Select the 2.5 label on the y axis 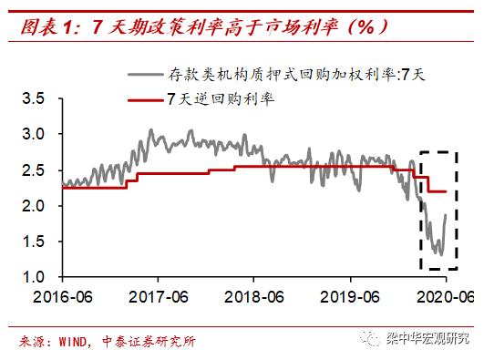(x=33, y=170)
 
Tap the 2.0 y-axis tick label (x=33, y=206)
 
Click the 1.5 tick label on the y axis (x=33, y=242)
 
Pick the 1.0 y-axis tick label (x=33, y=277)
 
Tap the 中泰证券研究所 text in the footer (x=151, y=342)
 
